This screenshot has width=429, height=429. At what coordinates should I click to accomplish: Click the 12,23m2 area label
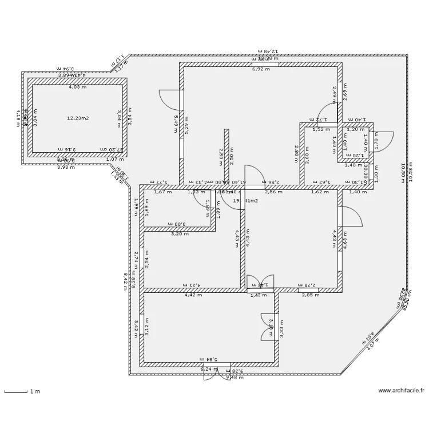point(78,118)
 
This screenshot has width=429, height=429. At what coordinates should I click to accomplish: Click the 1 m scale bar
point(17,392)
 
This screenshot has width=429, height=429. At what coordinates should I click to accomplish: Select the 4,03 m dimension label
point(78,87)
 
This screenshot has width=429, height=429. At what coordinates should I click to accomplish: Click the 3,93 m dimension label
point(66,167)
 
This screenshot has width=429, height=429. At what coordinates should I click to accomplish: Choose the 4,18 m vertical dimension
point(18,117)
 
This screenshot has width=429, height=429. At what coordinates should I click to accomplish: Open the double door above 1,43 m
point(260,281)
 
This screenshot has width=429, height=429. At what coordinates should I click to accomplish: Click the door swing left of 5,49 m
point(170,100)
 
